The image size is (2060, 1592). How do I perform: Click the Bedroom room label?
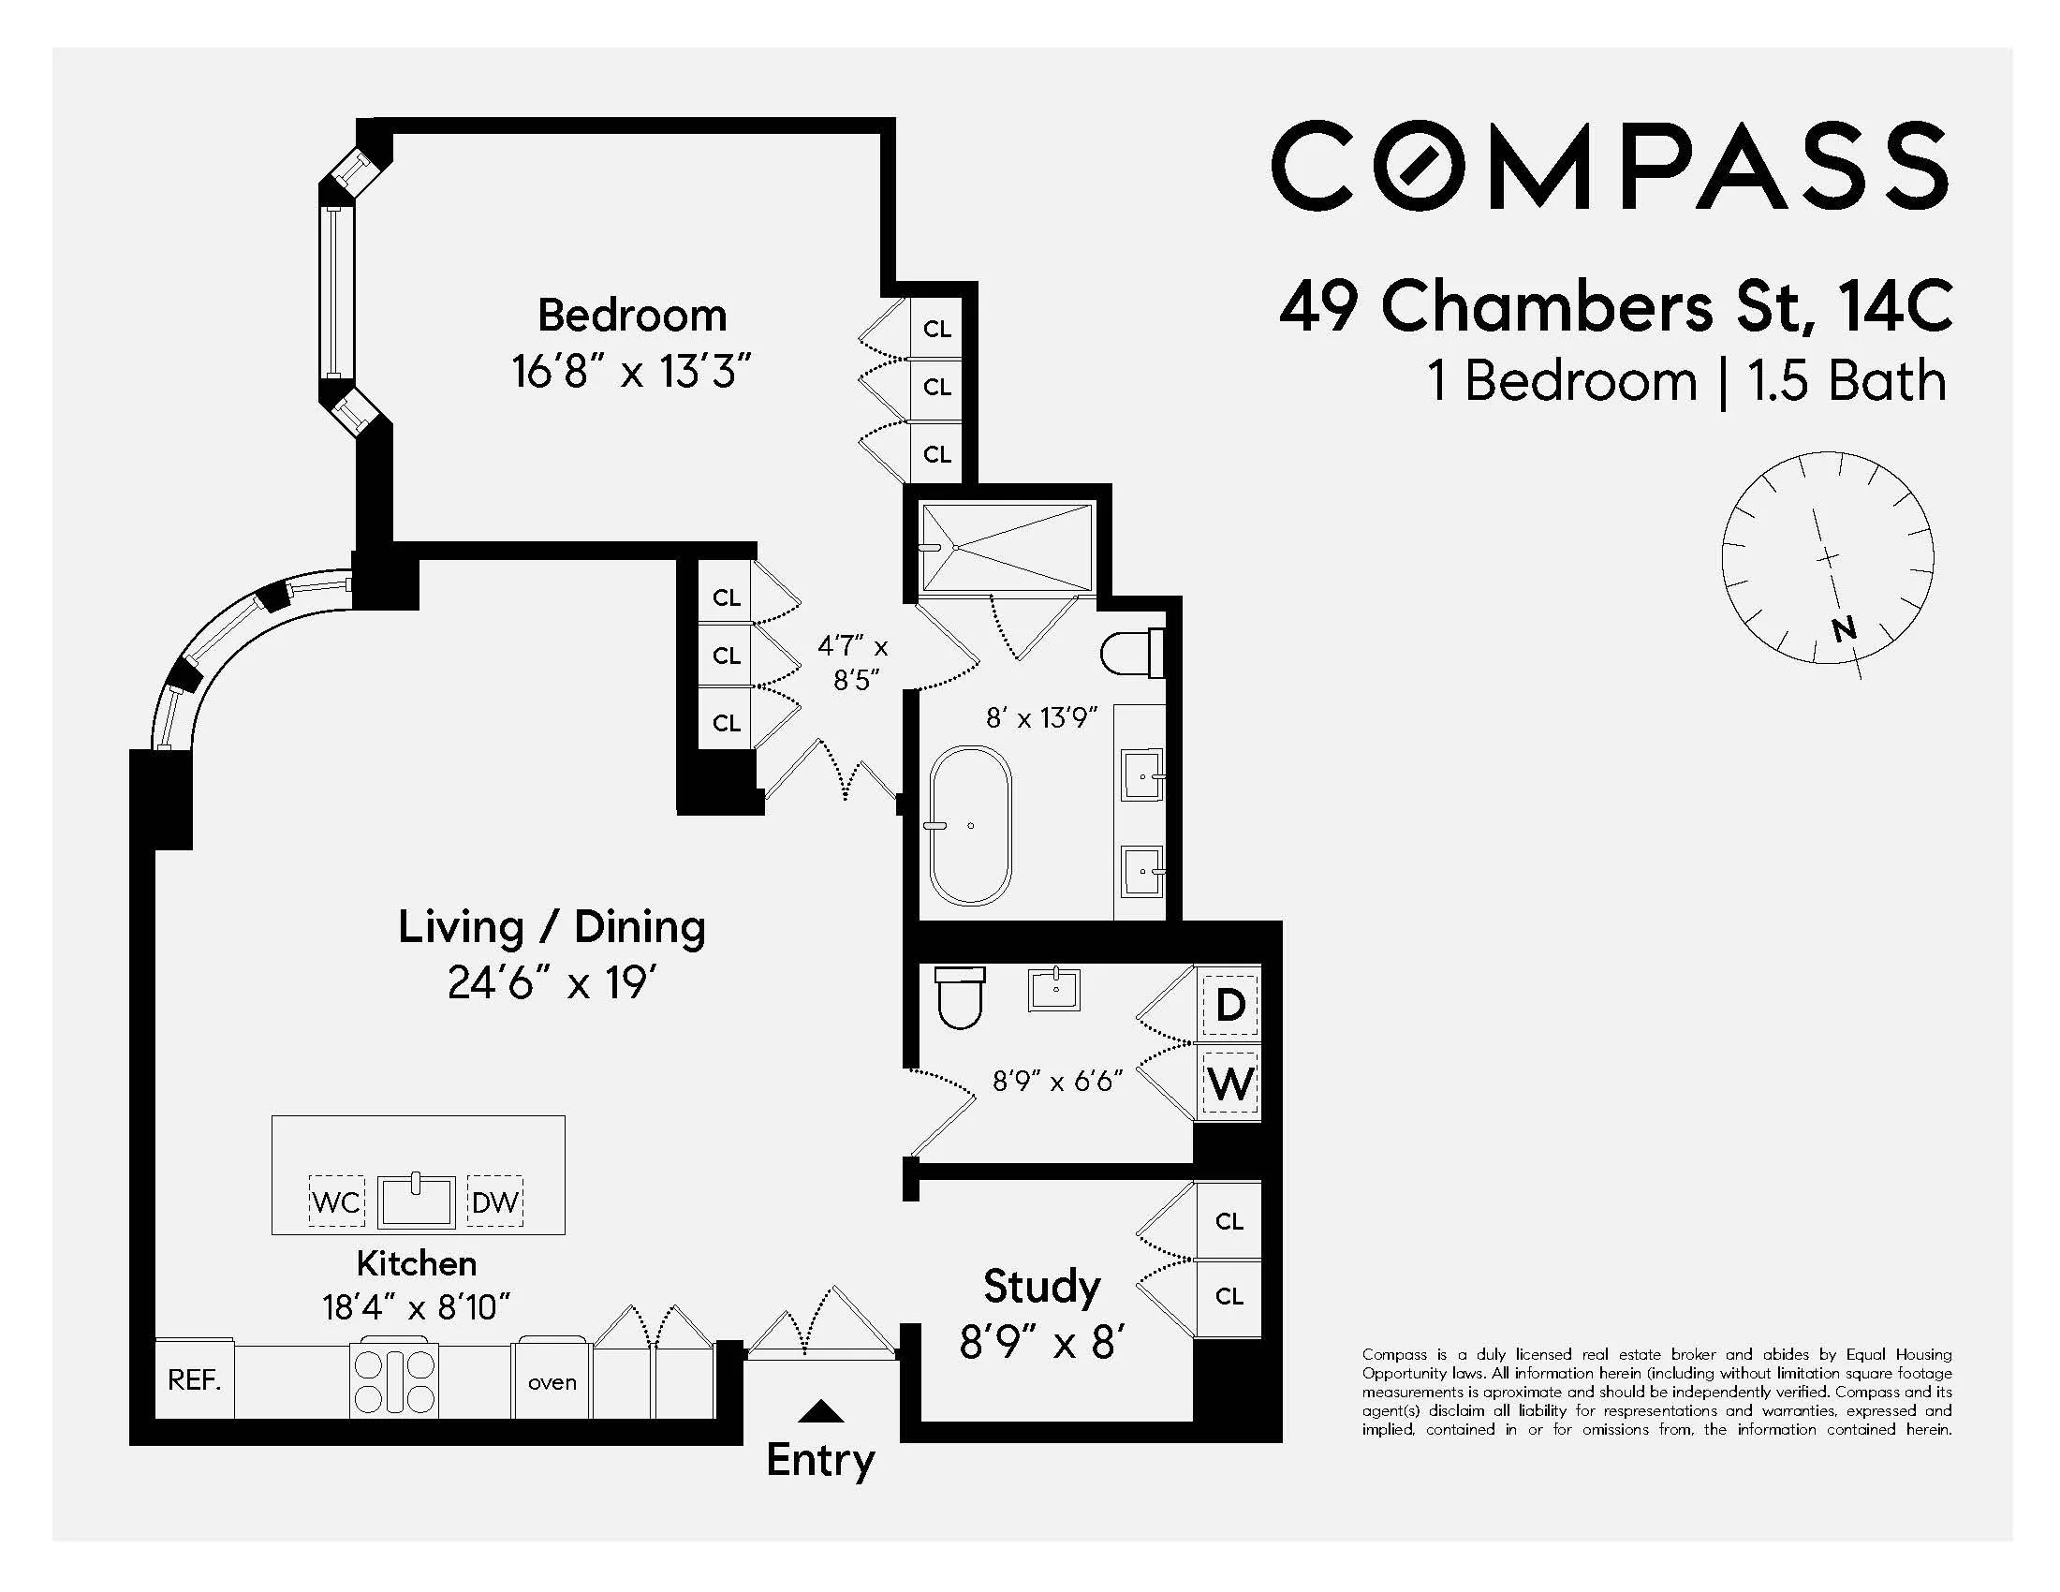coord(632,315)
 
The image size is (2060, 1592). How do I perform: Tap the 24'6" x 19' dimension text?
coord(552,982)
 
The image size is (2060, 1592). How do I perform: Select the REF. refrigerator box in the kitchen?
coord(195,1379)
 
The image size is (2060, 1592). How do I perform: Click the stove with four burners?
coord(394,1380)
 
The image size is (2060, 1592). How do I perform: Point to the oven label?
coord(552,1382)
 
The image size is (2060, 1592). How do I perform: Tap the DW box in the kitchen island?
coord(495,1201)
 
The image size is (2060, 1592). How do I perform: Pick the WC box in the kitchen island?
coord(337,1201)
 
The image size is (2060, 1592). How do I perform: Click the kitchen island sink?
coord(416,1201)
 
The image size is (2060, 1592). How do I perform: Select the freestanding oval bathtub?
coord(971,825)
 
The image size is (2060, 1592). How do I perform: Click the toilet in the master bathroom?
coord(1130,653)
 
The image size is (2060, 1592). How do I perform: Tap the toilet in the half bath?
coord(960,997)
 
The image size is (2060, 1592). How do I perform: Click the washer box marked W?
coord(1230,1083)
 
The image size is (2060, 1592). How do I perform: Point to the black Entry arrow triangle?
coord(820,1411)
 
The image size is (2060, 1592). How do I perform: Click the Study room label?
coord(1041,1287)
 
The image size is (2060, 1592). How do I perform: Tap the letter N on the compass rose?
coord(1844,628)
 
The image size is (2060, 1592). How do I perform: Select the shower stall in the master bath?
coord(1008,548)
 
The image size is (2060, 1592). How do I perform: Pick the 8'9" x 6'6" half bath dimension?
coord(1056,1081)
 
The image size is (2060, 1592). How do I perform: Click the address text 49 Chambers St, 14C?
coord(1615,307)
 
